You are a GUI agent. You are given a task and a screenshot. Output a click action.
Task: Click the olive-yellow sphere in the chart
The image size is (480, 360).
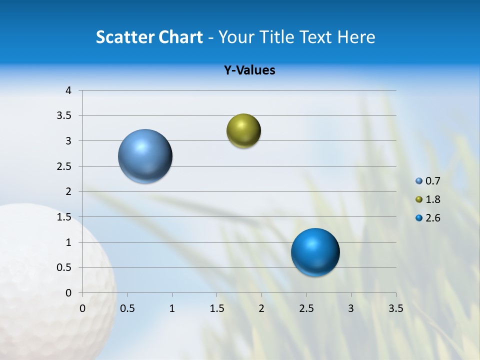point(243,131)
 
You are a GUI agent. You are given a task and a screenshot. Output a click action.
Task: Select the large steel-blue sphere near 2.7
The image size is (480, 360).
point(145,156)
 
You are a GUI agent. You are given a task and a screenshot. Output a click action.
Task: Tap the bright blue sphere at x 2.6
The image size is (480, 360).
point(315,252)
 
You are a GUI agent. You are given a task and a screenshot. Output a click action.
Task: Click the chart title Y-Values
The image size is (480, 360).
point(249,70)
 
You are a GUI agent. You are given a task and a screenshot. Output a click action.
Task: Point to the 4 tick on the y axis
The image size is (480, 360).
point(68,90)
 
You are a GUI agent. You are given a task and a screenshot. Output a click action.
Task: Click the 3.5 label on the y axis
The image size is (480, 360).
point(64,116)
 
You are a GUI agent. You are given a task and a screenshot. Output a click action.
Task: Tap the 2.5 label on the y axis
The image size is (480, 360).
point(64,166)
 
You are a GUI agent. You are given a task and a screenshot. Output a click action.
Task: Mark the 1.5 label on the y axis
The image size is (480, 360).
point(64,217)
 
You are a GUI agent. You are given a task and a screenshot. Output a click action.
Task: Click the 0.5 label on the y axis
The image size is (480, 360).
point(64,267)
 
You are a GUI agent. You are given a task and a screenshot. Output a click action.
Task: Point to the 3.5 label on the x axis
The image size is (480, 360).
point(395,308)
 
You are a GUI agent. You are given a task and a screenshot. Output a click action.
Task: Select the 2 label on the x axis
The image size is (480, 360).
point(261,308)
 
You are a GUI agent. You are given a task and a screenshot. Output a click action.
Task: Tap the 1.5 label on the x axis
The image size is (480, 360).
point(216,308)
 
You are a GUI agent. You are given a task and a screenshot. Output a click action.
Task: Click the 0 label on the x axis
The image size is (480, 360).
point(82,308)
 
